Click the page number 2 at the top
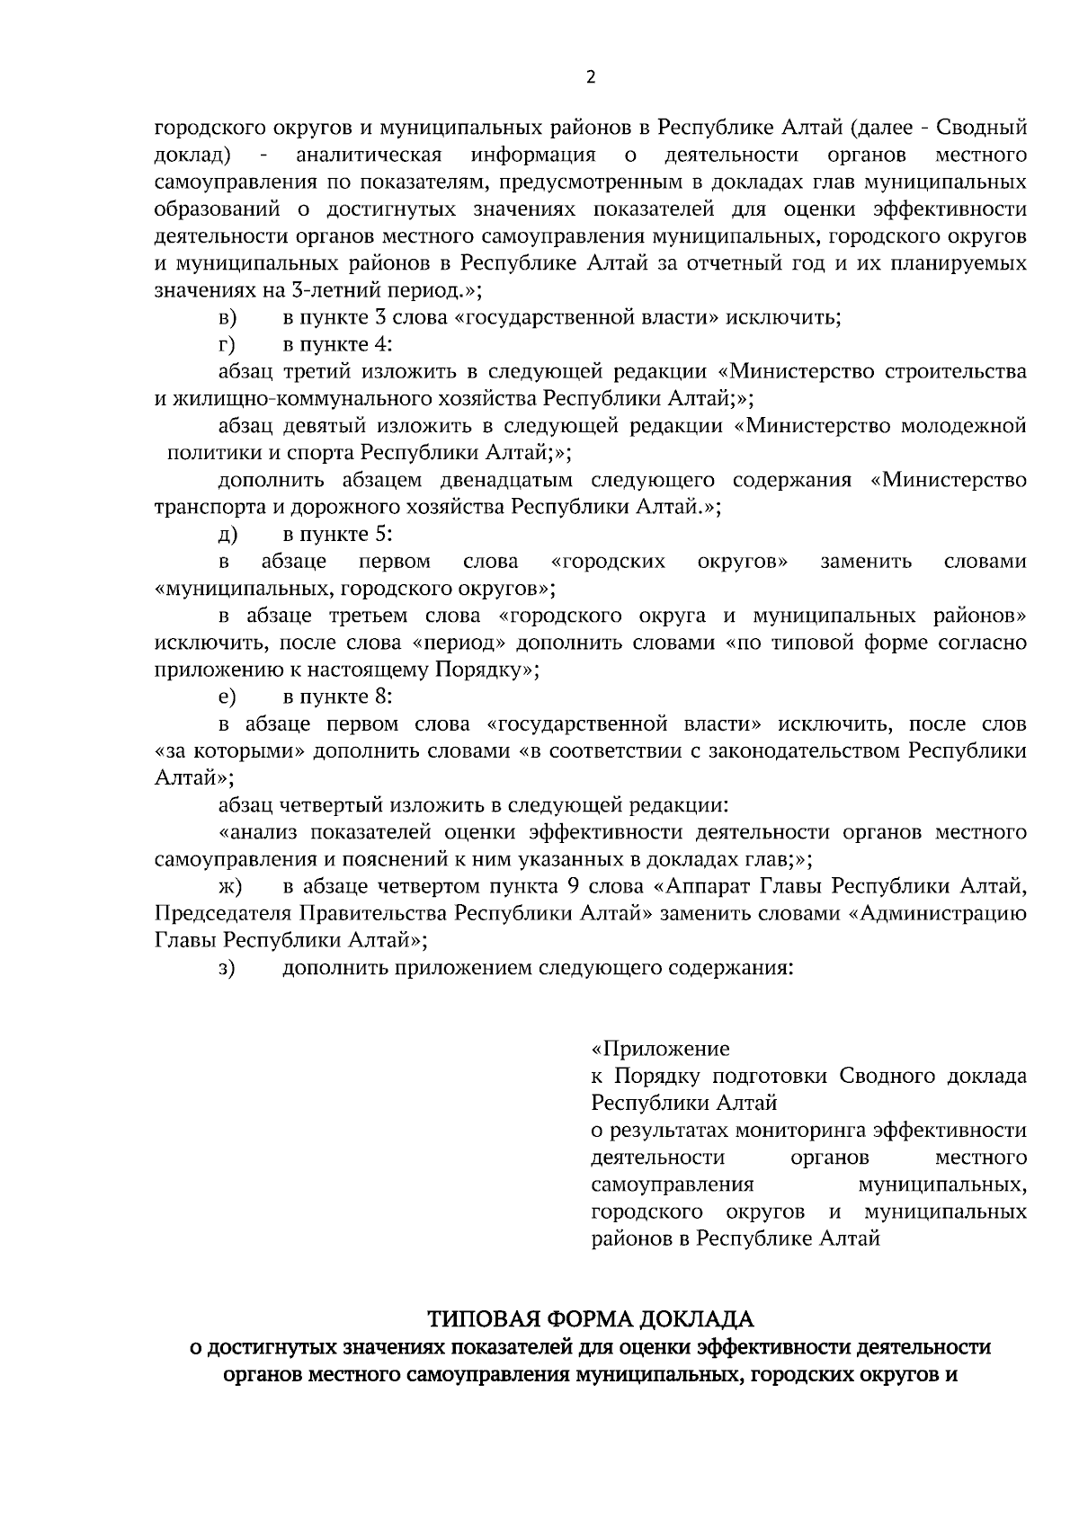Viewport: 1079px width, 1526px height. [590, 77]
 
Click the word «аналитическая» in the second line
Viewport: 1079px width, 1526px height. [369, 155]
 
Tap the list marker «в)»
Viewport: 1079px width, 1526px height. [227, 318]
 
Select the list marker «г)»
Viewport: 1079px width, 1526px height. [227, 345]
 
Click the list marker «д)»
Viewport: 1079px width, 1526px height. [227, 535]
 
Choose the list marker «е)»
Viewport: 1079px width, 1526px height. [227, 697]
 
